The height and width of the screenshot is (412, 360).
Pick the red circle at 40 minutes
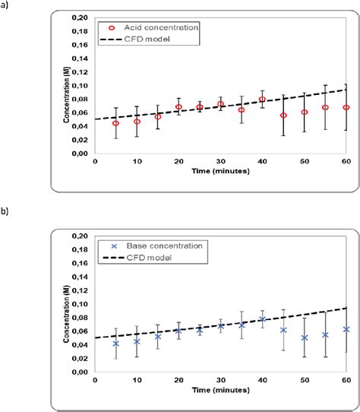pyautogui.click(x=262, y=100)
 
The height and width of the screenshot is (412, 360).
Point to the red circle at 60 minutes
pyautogui.click(x=346, y=107)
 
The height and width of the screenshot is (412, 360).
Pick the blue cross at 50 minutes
pyautogui.click(x=304, y=338)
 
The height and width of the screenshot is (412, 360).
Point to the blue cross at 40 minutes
pyautogui.click(x=262, y=319)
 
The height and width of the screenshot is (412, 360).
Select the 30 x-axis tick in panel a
pyautogui.click(x=220, y=161)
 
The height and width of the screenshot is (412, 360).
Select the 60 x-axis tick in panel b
pyautogui.click(x=346, y=380)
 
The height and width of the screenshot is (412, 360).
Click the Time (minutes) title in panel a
pyautogui.click(x=220, y=171)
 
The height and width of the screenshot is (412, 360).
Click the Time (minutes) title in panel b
pyautogui.click(x=220, y=389)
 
